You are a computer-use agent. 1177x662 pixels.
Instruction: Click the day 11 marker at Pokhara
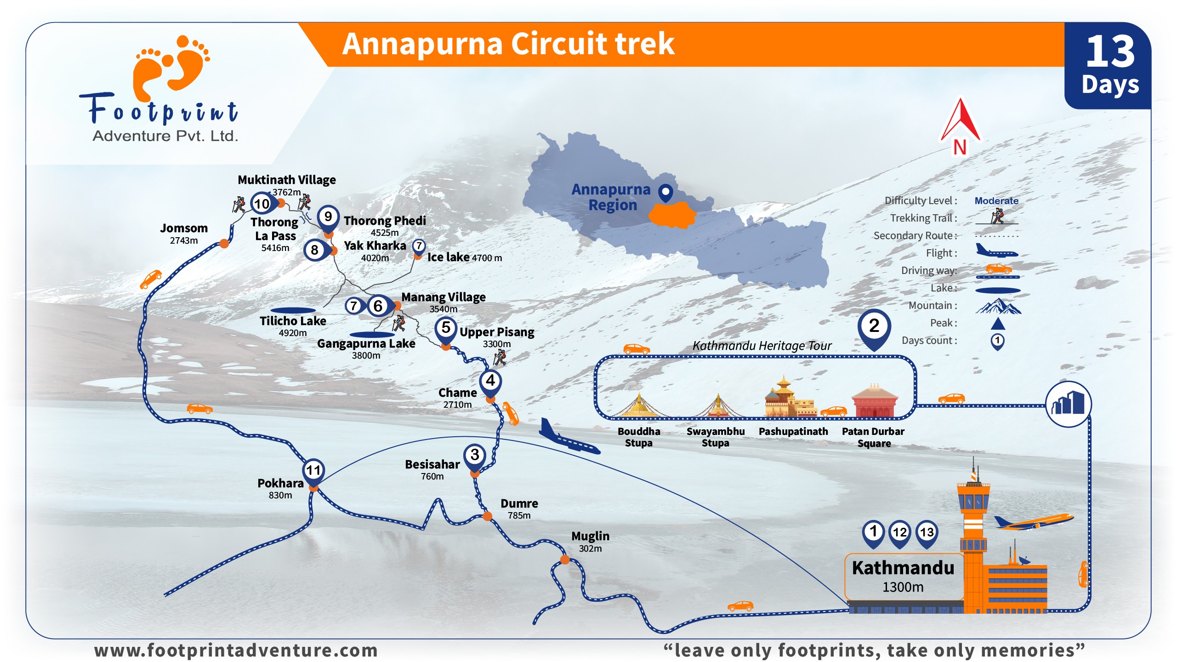(313, 471)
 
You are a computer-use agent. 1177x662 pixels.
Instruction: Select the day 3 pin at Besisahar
(475, 456)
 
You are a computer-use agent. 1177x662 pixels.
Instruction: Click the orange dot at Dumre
(487, 516)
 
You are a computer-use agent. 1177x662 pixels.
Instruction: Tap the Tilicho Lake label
(293, 321)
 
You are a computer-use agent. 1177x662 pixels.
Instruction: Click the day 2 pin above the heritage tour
(874, 326)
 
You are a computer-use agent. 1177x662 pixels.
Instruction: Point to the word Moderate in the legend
(996, 201)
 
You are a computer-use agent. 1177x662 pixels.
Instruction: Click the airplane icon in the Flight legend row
(996, 251)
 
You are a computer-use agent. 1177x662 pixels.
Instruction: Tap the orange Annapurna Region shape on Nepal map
(672, 215)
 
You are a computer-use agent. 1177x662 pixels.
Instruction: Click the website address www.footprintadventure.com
(236, 651)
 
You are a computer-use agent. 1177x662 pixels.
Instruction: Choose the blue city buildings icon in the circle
(1069, 405)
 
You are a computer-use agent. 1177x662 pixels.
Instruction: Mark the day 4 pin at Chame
(490, 381)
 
